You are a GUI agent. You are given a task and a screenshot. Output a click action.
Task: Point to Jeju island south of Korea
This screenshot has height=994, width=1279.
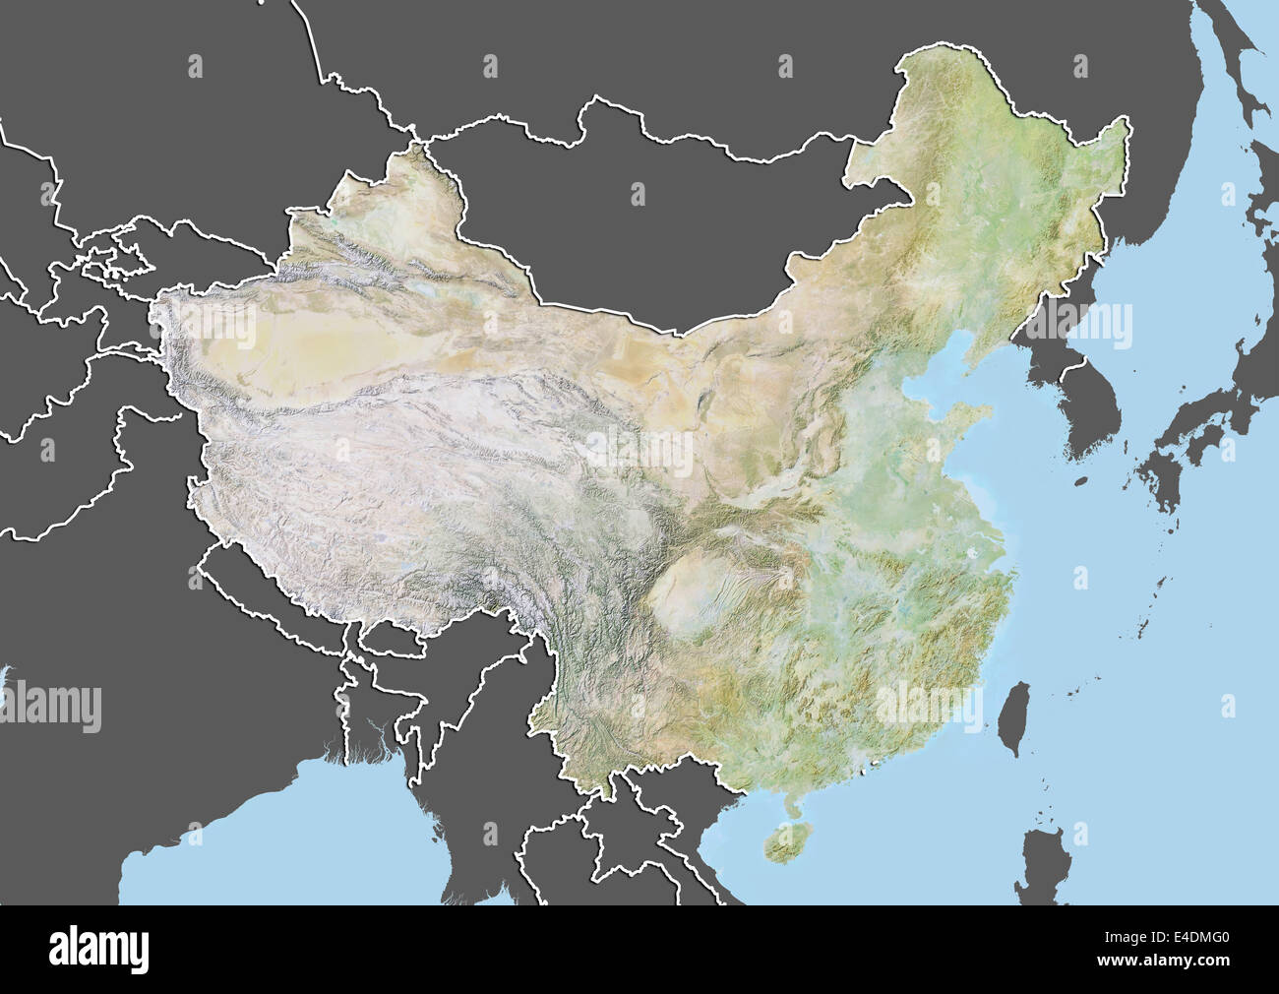(1081, 482)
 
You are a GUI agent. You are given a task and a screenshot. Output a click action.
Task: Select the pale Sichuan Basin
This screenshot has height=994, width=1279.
(689, 600)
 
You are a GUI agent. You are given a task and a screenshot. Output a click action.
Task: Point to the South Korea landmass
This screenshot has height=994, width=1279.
(1087, 413)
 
